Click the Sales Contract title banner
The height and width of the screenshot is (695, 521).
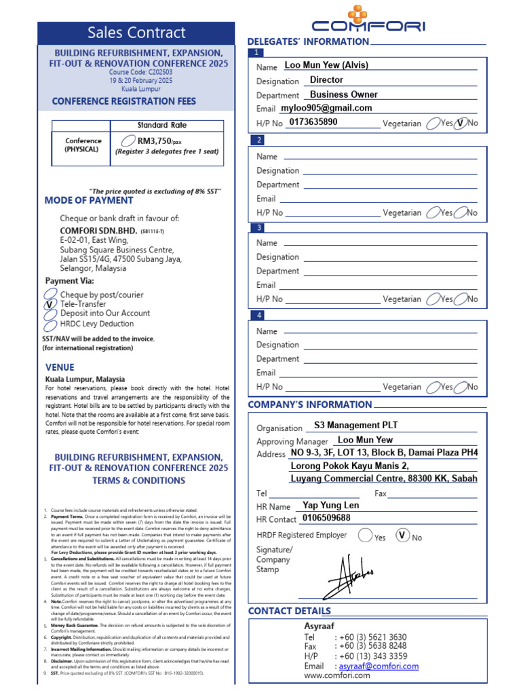pyautogui.click(x=136, y=33)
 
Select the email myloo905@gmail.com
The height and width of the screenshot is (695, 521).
pyautogui.click(x=326, y=108)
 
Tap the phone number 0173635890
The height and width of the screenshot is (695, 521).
pyautogui.click(x=313, y=122)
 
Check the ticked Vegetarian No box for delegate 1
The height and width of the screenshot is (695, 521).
pyautogui.click(x=461, y=124)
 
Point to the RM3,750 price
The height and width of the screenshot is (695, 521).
pyautogui.click(x=153, y=140)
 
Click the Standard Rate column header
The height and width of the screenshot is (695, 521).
pyautogui.click(x=161, y=126)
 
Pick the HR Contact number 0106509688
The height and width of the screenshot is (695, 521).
pyautogui.click(x=326, y=518)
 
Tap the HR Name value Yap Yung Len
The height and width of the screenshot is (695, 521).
pyautogui.click(x=330, y=505)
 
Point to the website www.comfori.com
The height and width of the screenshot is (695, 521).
pyautogui.click(x=336, y=675)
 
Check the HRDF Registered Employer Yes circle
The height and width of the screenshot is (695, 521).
pyautogui.click(x=365, y=536)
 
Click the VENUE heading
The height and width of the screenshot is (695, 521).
pyautogui.click(x=60, y=367)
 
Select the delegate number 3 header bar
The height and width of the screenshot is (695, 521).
pyautogui.click(x=367, y=227)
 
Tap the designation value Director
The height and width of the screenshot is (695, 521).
pyautogui.click(x=326, y=80)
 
